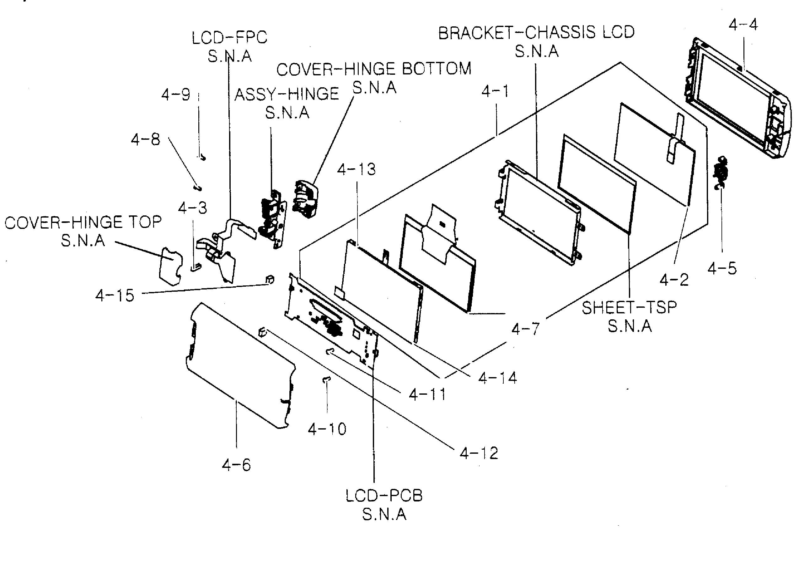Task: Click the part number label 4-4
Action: tap(743, 25)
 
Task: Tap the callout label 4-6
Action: tap(236, 465)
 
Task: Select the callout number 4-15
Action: tap(115, 295)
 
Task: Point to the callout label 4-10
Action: tap(327, 429)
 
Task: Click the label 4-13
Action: tap(356, 170)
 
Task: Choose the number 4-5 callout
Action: tap(722, 268)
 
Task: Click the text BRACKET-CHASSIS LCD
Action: tap(536, 32)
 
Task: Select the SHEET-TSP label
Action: tap(629, 308)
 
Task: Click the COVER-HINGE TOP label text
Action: tap(83, 222)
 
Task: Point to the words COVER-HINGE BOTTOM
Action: tap(374, 69)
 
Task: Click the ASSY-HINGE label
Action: tap(287, 94)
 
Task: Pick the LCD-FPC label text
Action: tap(229, 37)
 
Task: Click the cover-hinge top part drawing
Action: tap(170, 266)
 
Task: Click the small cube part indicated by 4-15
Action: tap(270, 279)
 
